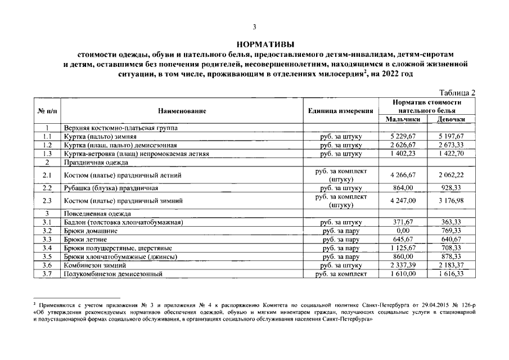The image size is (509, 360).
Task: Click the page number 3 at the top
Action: pyautogui.click(x=254, y=27)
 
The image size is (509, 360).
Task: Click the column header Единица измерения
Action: pyautogui.click(x=341, y=111)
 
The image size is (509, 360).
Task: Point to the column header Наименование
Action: pyautogui.click(x=182, y=111)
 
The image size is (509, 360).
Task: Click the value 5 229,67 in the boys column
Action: pyautogui.click(x=403, y=136)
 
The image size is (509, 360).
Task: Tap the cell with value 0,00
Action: pyautogui.click(x=403, y=231)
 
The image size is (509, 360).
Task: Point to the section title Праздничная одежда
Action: pyautogui.click(x=97, y=162)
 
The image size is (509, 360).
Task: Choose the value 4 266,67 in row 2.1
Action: pyautogui.click(x=403, y=175)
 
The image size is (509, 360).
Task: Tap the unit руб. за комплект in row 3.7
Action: pyautogui.click(x=341, y=273)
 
